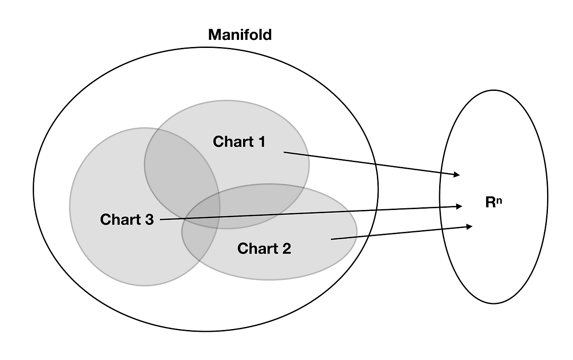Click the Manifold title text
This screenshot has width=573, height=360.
coord(240,35)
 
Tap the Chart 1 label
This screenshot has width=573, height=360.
coord(239,141)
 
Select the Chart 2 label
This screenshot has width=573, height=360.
coord(264,248)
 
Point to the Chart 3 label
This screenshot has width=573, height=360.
coord(127,219)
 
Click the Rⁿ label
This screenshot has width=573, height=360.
coord(494,202)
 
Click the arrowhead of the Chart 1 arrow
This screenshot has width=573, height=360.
coord(457,174)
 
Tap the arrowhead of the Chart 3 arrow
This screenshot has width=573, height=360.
coord(459,206)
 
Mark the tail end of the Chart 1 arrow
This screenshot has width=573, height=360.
coord(285,153)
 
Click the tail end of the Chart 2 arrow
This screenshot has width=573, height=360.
coord(332,240)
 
